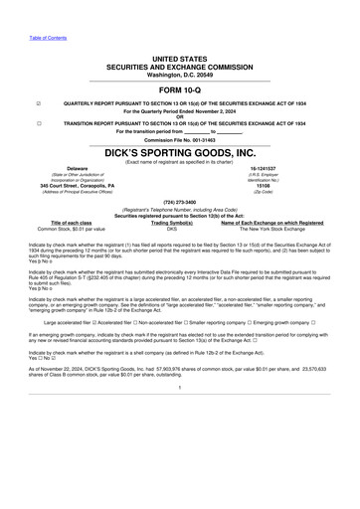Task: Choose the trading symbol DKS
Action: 171,229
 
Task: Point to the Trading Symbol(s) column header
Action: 171,223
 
